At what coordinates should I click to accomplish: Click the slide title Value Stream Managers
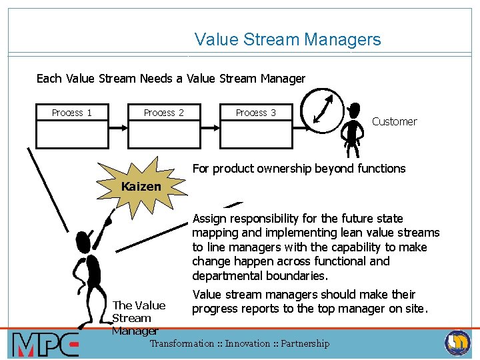point(287,39)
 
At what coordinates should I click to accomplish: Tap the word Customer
point(394,121)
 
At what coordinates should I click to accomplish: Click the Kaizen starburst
point(141,187)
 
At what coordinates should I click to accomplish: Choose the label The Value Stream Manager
point(139,317)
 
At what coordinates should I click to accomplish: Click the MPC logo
point(45,345)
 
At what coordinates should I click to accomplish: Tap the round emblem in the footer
point(457,343)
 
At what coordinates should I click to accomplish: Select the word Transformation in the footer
point(182,343)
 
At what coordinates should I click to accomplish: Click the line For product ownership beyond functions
point(299,169)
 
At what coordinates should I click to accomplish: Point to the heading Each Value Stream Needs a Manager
point(171,79)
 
